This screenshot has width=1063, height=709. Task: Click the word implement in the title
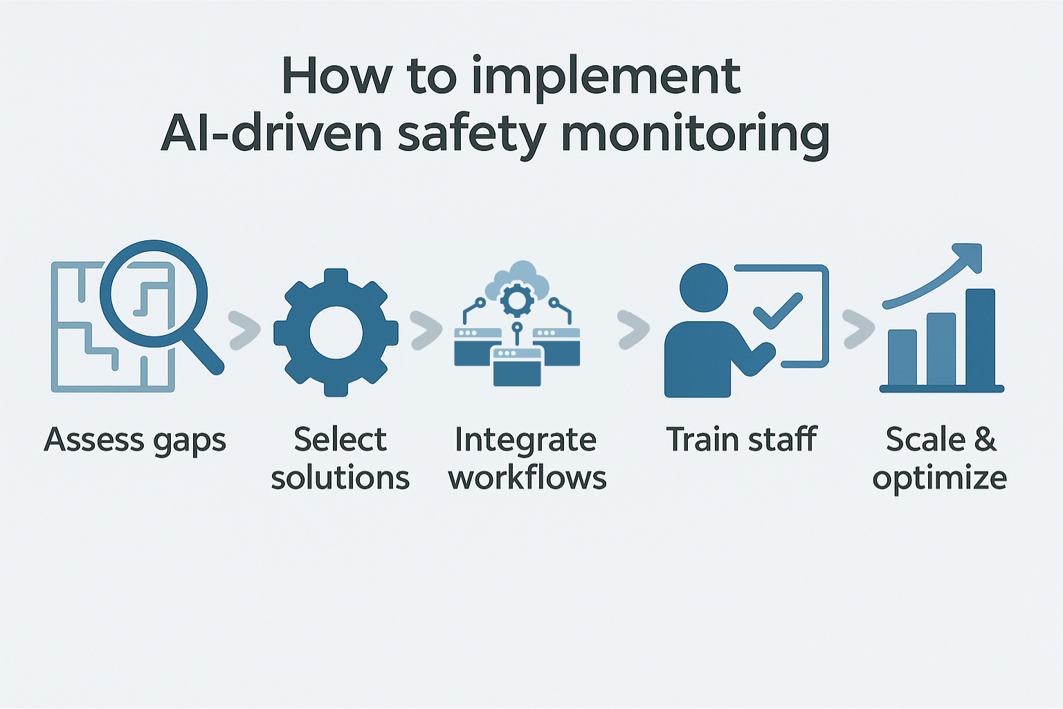606,78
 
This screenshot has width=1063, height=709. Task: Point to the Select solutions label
340,458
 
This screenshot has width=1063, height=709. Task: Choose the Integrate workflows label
527,458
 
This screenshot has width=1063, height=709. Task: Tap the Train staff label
741,440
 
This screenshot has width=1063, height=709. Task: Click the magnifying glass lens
154,293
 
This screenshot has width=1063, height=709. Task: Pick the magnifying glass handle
206,353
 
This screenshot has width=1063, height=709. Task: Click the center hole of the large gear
336,333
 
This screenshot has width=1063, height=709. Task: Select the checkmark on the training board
777,311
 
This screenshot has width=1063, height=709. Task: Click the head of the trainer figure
704,287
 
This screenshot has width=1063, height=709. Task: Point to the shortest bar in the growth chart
902,357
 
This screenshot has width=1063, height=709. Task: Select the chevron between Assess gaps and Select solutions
244,330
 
